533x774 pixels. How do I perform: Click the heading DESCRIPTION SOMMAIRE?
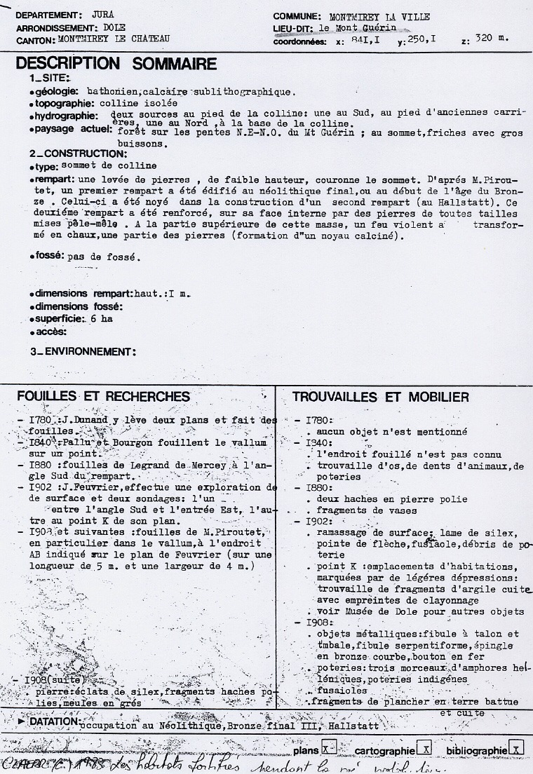click(x=116, y=64)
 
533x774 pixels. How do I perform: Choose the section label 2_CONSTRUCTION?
click(x=78, y=153)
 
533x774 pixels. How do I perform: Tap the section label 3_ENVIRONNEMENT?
click(x=83, y=351)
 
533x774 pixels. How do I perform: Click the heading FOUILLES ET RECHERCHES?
click(x=103, y=397)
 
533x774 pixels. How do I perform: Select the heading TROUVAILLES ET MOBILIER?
click(x=381, y=398)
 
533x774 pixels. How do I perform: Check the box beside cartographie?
click(x=423, y=748)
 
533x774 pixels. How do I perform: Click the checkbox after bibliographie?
click(x=516, y=748)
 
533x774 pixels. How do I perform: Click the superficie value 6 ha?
click(x=102, y=319)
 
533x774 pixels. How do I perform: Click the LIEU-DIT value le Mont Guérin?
click(x=357, y=28)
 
